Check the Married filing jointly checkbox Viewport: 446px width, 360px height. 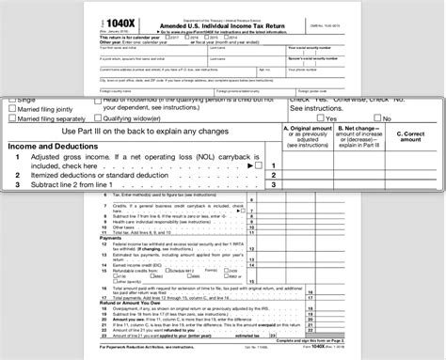point(12,108)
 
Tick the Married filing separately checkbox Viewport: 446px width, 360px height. point(12,118)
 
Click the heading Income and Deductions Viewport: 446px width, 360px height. point(58,147)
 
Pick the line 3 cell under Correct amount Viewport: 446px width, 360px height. point(412,186)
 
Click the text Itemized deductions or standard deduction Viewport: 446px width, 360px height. point(117,176)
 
